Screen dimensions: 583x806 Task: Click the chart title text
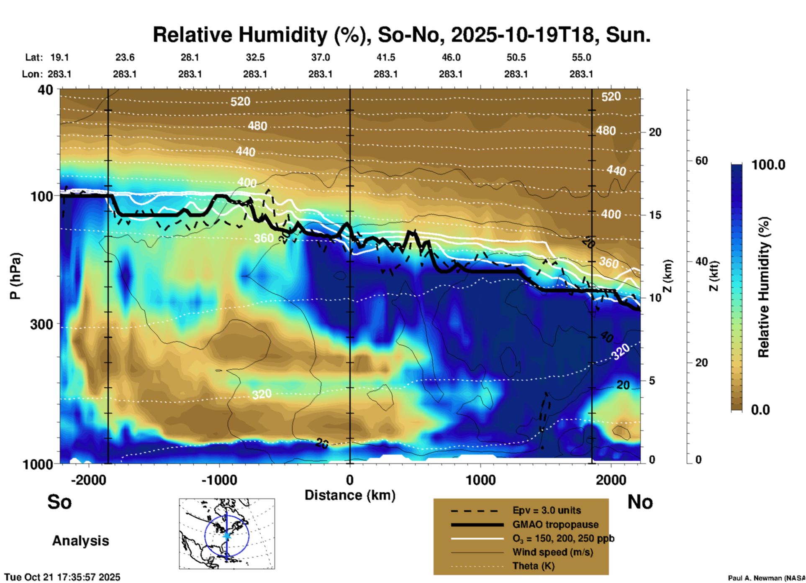click(401, 35)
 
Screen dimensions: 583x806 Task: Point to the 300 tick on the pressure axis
click(41, 325)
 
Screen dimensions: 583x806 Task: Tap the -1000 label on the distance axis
click(219, 480)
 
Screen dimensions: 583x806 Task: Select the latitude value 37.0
click(320, 57)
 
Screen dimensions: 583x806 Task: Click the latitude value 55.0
click(581, 57)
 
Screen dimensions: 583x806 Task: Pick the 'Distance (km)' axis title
click(350, 495)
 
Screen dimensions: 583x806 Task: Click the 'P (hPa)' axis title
click(15, 276)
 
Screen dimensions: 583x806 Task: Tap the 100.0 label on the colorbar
click(768, 165)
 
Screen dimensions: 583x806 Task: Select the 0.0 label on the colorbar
click(760, 410)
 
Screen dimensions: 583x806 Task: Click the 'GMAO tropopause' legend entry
click(555, 524)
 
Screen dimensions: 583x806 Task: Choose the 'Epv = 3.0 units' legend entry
click(547, 511)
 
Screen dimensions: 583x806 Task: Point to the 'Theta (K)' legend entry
click(533, 566)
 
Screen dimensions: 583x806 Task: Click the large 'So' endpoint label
click(59, 502)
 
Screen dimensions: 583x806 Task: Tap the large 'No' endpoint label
click(640, 502)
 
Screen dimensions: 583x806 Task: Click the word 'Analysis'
click(80, 541)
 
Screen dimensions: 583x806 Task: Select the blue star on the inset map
click(227, 535)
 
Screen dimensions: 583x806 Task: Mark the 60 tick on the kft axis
click(701, 161)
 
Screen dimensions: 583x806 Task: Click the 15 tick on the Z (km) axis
click(655, 215)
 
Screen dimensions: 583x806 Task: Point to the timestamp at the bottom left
click(62, 577)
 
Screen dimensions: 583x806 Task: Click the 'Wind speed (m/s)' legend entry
click(552, 552)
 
